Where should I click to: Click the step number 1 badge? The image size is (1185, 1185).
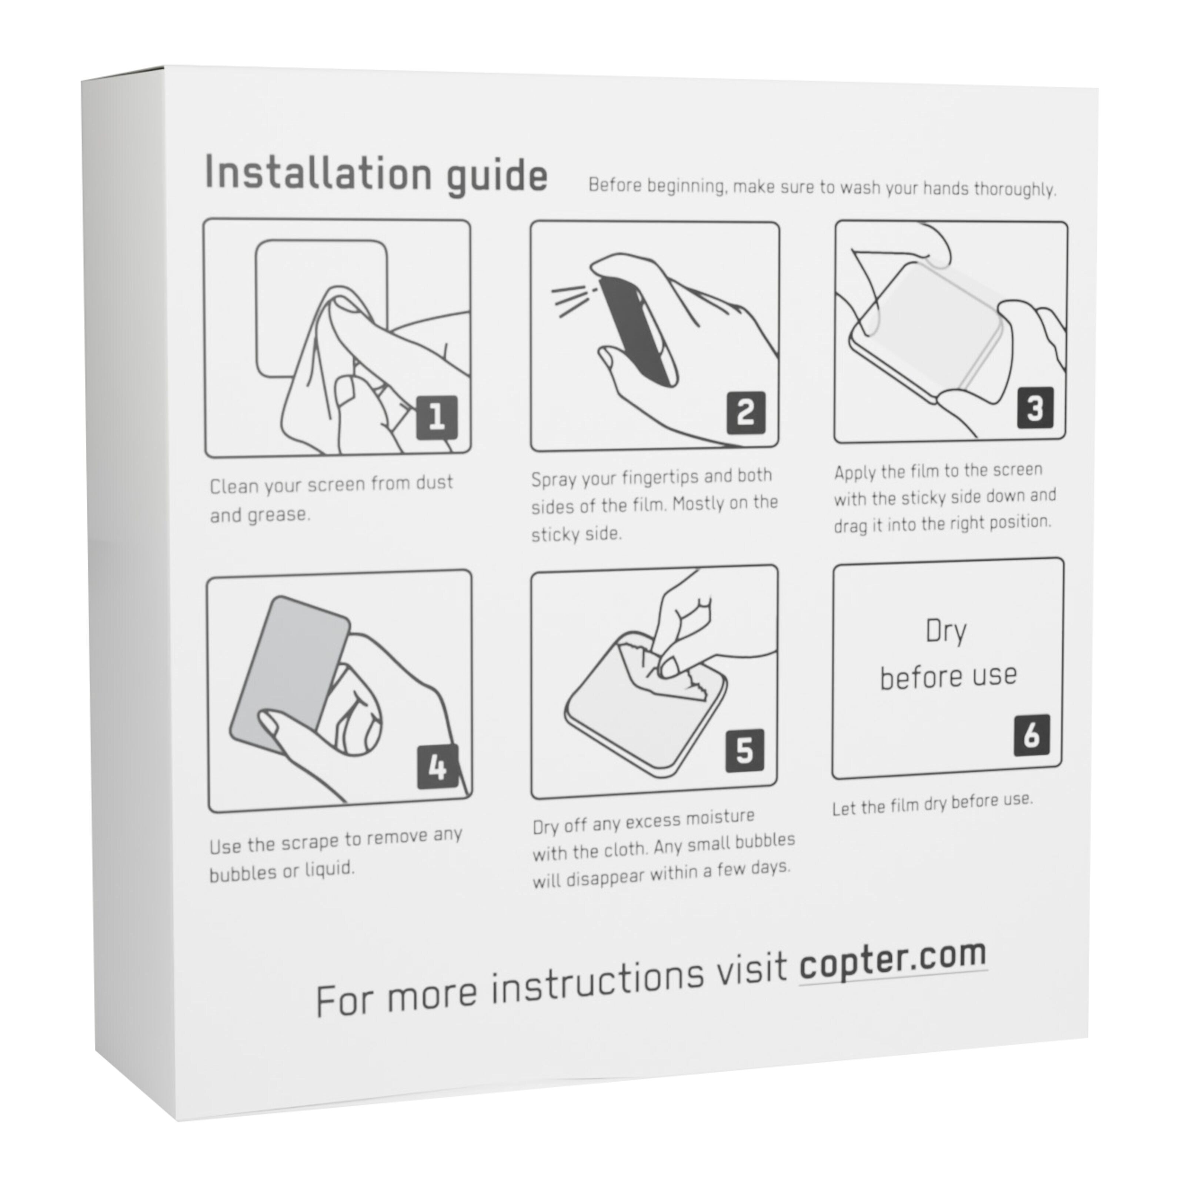(437, 417)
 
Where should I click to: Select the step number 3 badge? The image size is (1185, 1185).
(1035, 407)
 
